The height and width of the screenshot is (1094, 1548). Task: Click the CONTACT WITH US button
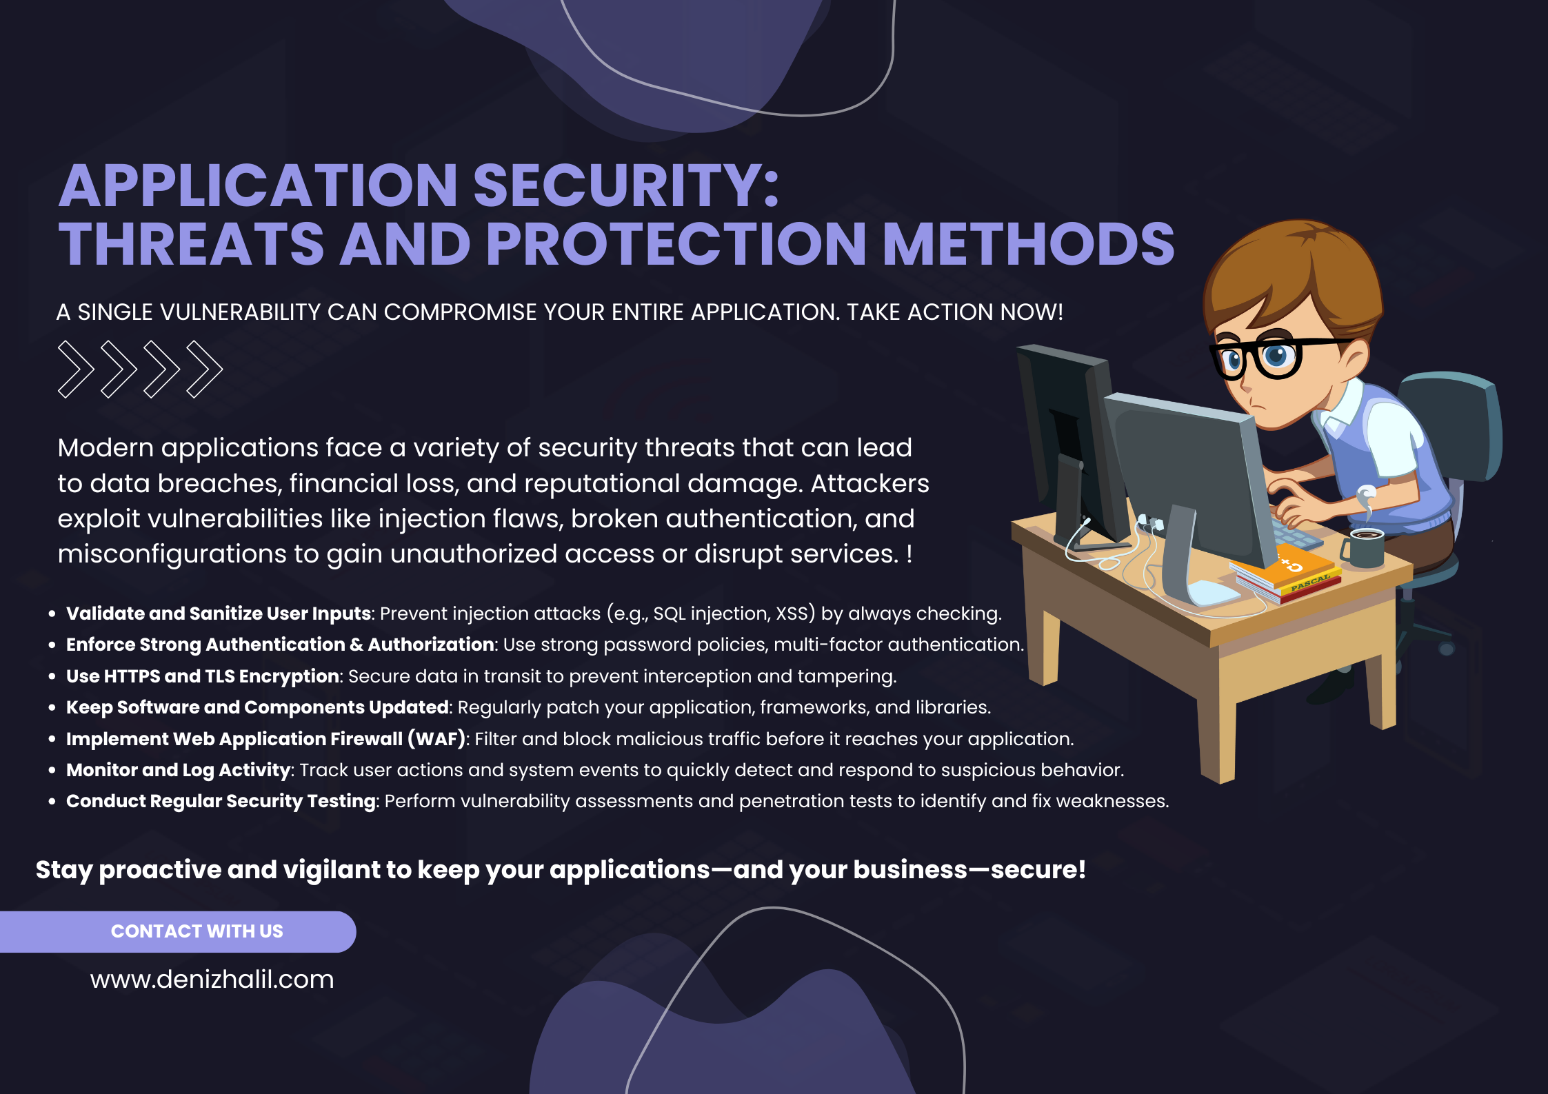(177, 931)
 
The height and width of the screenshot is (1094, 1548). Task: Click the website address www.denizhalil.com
(212, 979)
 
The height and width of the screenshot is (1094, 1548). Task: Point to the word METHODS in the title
(1029, 244)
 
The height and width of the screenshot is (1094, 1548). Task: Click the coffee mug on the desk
(1363, 547)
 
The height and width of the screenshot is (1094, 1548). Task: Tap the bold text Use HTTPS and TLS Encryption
(202, 676)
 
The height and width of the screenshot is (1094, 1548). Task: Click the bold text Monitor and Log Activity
(178, 770)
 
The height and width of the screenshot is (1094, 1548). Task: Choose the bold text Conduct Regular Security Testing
(221, 801)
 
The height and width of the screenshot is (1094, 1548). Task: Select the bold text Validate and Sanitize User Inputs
(219, 614)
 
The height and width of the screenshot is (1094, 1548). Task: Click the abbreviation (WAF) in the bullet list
(437, 739)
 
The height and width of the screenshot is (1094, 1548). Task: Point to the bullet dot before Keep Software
(52, 708)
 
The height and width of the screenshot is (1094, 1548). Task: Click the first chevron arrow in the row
(75, 369)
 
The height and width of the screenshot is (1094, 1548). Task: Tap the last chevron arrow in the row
(204, 369)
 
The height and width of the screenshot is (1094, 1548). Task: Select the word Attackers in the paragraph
(870, 483)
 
